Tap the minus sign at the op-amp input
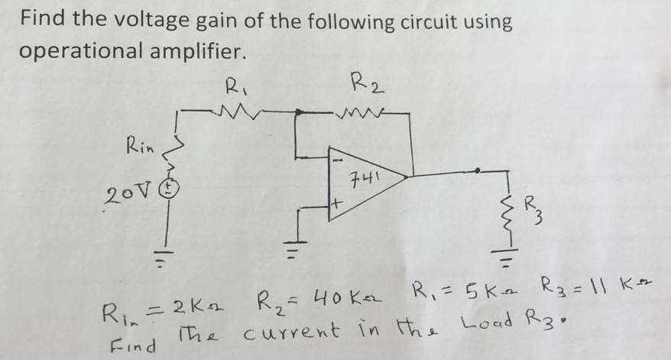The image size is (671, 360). click(336, 161)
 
